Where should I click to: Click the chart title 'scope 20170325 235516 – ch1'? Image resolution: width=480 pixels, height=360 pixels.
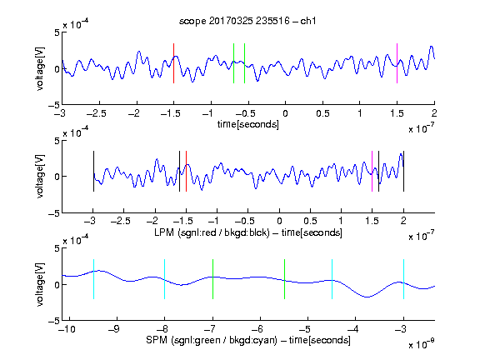pos(247,21)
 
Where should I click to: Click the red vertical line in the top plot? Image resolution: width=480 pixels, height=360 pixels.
pos(173,63)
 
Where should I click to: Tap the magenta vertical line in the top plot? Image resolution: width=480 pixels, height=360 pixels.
pos(397,63)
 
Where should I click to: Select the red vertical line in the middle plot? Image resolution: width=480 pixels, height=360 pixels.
pos(186,172)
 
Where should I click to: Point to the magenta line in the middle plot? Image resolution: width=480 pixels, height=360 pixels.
pos(372,172)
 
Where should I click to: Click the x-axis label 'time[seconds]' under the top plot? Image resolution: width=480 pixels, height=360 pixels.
pos(248,124)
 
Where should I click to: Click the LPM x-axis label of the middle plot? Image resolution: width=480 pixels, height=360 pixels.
pos(248,232)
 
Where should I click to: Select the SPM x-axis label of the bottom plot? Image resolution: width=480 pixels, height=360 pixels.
pos(248,340)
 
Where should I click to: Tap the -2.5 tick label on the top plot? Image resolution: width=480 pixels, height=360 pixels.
pos(97,113)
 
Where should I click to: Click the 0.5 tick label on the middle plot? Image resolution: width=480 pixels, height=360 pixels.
pos(310,221)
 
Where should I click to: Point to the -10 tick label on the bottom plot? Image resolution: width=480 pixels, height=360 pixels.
pos(67,329)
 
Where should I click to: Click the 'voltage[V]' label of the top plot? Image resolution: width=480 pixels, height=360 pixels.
pos(40,68)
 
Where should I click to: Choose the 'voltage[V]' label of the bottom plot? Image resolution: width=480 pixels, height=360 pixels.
pos(40,284)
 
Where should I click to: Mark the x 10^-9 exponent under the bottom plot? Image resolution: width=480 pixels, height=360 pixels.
pos(422,344)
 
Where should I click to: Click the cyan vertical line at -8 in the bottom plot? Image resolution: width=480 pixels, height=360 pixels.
pos(165,279)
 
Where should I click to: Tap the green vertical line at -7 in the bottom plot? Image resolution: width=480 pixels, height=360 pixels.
pos(212,279)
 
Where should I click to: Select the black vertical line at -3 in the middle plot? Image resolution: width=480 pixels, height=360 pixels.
pos(93,172)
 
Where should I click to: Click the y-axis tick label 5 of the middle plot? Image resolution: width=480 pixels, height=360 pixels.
pos(57,141)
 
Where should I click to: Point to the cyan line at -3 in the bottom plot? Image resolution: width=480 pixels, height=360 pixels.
pos(403,279)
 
